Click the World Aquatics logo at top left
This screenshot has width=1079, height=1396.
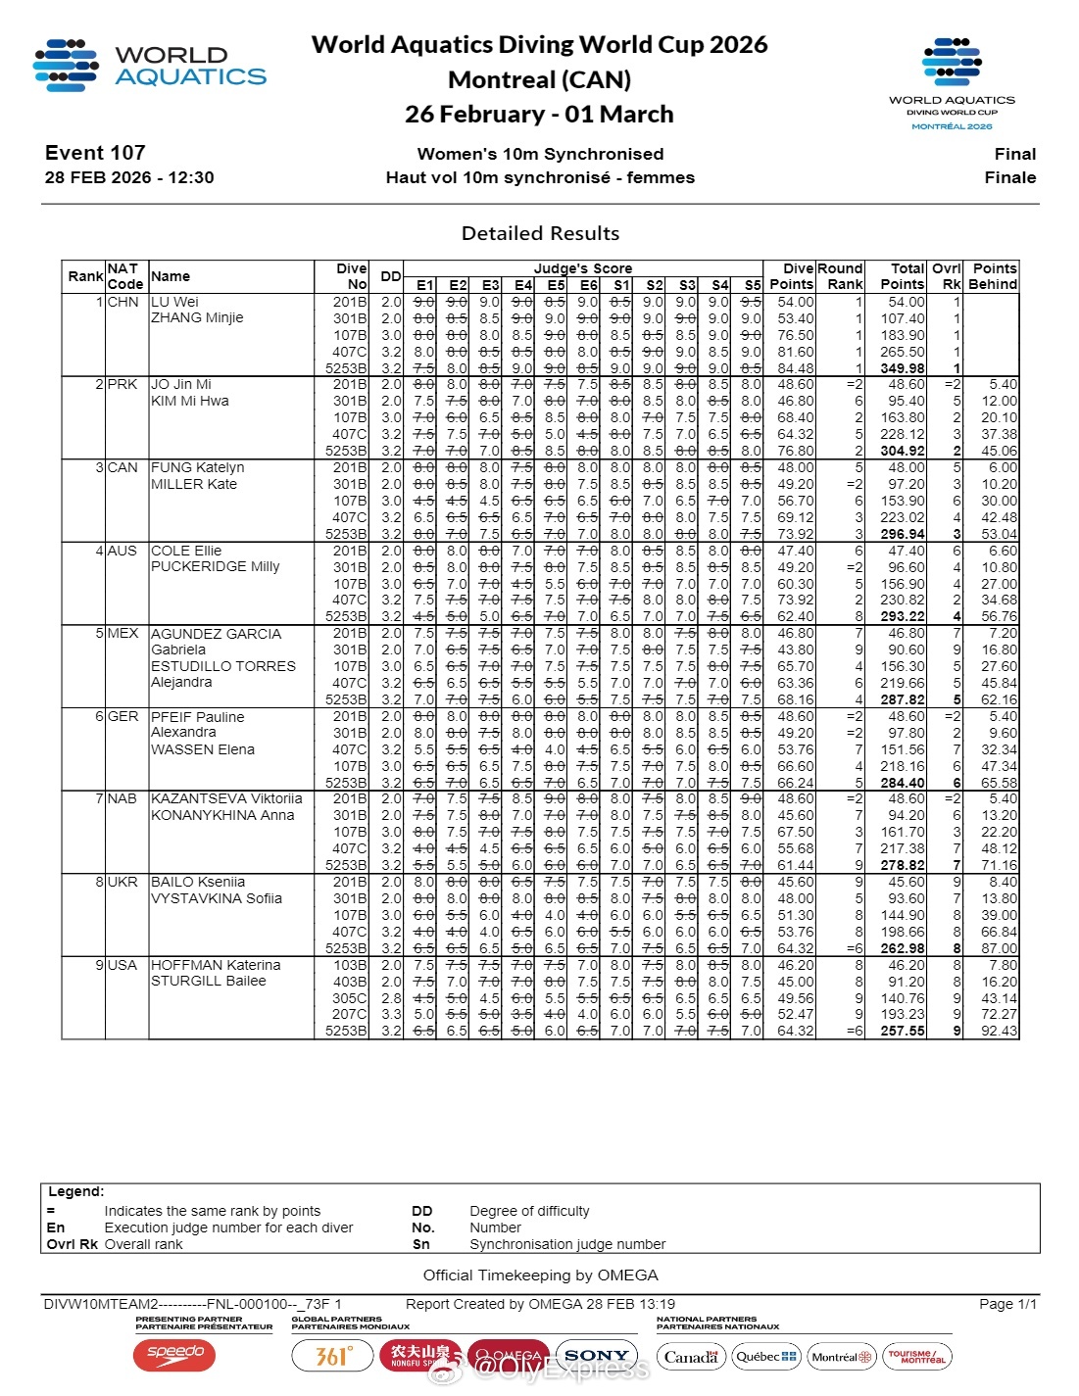149,66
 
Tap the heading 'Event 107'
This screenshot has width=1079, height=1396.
95,153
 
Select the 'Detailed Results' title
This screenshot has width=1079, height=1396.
540,233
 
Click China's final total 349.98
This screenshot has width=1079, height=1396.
902,368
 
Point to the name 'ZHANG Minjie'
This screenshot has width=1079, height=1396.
197,318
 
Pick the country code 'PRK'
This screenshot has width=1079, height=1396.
123,384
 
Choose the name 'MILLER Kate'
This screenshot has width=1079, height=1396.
194,484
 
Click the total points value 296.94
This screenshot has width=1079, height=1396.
902,534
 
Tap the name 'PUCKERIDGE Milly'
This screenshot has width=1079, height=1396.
216,567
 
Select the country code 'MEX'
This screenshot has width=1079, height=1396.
123,633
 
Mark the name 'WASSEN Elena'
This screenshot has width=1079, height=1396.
203,749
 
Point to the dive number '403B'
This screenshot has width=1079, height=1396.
350,982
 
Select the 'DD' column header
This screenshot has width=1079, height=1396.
390,276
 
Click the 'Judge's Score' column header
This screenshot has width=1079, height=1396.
582,268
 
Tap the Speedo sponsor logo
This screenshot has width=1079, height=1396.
174,1355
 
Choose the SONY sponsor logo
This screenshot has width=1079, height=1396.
597,1356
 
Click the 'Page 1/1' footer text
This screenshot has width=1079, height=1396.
1007,1304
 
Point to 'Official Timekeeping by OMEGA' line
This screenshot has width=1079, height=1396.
540,1276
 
